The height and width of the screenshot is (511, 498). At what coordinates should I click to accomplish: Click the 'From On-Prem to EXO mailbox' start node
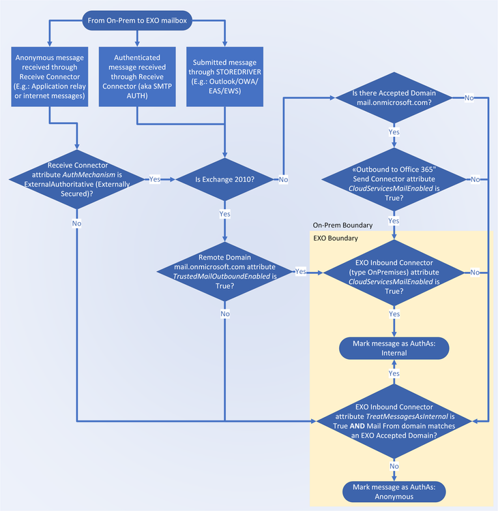click(137, 20)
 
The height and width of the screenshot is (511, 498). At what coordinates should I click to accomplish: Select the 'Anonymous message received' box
click(50, 76)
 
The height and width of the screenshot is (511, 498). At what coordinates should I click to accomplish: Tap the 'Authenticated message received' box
click(137, 76)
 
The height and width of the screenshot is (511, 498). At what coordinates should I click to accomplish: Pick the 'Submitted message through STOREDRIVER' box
click(224, 76)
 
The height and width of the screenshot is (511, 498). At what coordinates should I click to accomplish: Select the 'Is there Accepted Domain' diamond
click(394, 98)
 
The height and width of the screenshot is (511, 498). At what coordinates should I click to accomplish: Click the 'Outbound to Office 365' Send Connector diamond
click(394, 179)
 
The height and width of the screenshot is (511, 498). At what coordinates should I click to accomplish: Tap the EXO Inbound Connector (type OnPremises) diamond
click(394, 272)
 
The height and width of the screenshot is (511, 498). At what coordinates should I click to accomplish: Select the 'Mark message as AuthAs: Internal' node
click(394, 348)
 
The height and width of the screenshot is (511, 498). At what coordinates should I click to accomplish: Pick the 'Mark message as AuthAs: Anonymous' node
click(394, 491)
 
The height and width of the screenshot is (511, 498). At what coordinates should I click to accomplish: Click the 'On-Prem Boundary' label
click(342, 225)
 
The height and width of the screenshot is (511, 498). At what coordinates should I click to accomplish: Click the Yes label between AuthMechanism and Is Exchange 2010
click(155, 179)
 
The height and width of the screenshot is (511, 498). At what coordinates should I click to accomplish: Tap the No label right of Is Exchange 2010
click(283, 179)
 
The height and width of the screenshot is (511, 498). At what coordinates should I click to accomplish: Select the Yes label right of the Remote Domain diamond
click(300, 272)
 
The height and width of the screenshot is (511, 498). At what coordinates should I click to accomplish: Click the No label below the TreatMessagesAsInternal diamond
click(394, 466)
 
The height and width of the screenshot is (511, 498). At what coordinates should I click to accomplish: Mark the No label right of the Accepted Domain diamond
click(469, 98)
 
